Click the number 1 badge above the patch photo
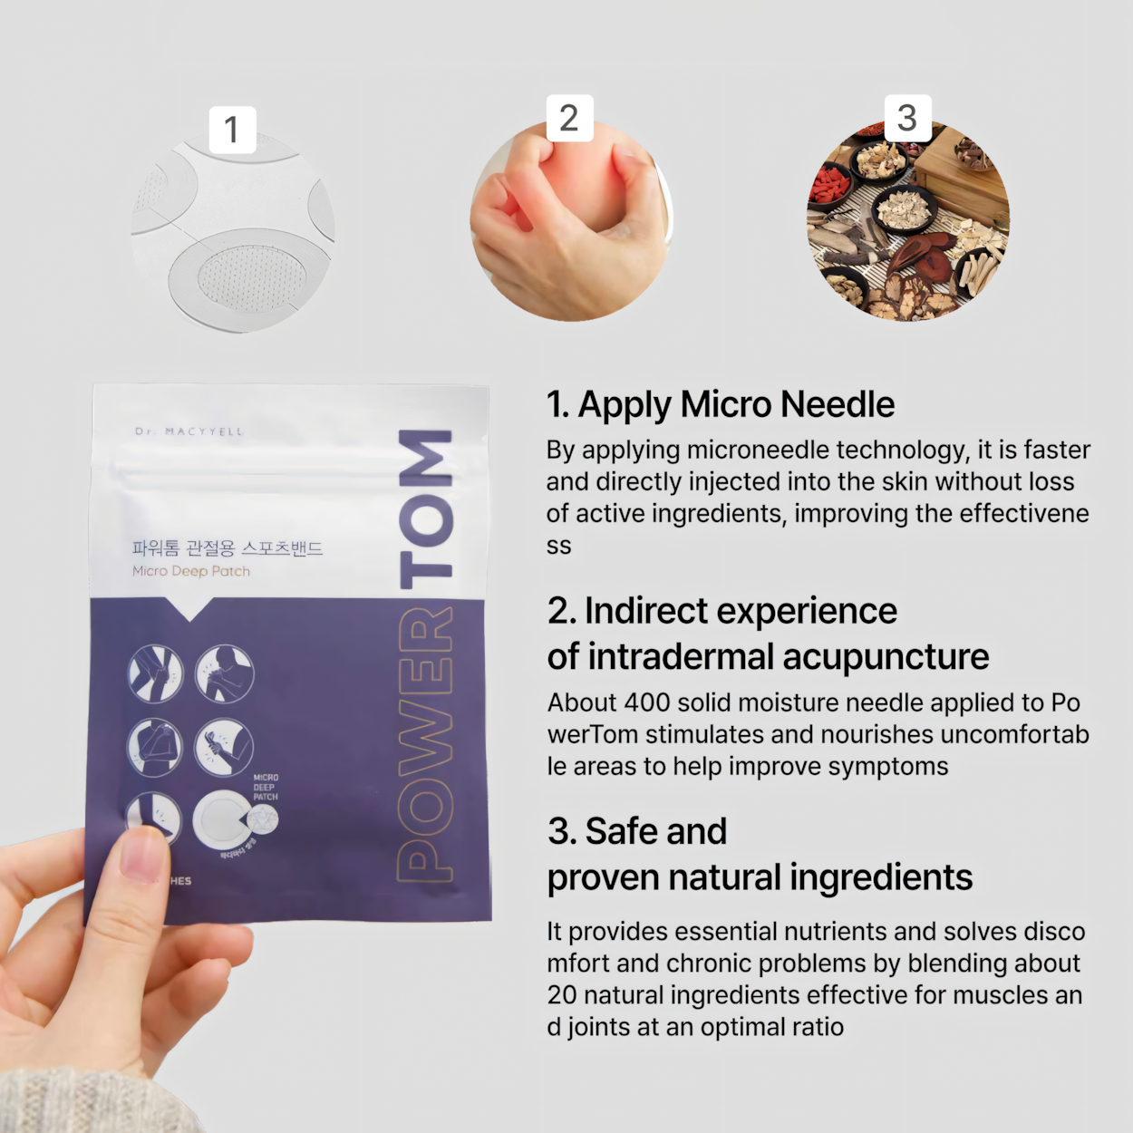[x=232, y=130]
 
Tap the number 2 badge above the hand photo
[x=569, y=118]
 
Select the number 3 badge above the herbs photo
[x=907, y=118]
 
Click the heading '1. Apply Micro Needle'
[x=720, y=404]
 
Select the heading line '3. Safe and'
[x=637, y=831]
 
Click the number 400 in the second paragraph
[x=646, y=702]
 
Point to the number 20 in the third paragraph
[x=562, y=995]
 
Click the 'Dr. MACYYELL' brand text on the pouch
[x=189, y=431]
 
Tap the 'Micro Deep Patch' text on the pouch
[x=191, y=571]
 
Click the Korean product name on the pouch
[x=228, y=547]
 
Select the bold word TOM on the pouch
[x=425, y=508]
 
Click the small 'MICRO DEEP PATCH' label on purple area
[x=266, y=787]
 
